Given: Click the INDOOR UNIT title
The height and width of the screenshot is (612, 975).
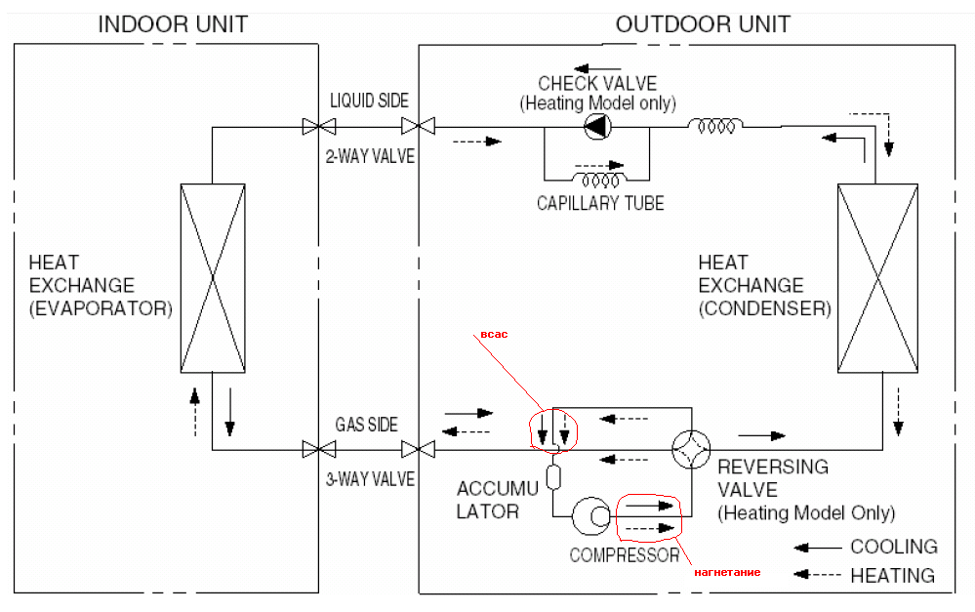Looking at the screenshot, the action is click(x=173, y=24).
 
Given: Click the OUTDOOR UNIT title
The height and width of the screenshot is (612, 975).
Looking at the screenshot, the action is click(x=703, y=24).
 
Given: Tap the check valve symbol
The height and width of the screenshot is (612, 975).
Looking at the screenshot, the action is click(x=597, y=126).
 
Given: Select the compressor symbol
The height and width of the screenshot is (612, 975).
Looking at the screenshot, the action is click(x=591, y=515).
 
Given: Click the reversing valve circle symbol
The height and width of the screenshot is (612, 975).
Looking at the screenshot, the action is click(x=691, y=449).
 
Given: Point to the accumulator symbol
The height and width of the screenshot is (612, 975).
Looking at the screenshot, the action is click(x=552, y=477).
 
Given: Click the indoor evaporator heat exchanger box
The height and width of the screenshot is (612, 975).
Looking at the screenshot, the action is click(x=213, y=278).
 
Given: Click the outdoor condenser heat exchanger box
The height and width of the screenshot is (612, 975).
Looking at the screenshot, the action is click(x=877, y=278).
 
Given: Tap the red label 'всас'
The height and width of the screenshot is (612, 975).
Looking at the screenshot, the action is click(x=494, y=335).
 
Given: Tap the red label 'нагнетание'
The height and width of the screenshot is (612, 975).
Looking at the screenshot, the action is click(x=727, y=572).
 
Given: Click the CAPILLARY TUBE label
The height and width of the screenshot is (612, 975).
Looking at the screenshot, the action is click(x=600, y=203).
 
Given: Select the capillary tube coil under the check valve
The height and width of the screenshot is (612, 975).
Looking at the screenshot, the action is click(x=599, y=181).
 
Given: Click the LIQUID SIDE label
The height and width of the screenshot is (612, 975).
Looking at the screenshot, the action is click(x=369, y=101).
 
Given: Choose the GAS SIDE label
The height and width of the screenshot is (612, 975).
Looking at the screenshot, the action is click(x=366, y=425).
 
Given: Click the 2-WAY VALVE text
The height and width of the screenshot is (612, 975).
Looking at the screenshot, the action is click(x=370, y=156).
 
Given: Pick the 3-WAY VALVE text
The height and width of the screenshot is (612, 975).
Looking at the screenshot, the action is click(x=370, y=479).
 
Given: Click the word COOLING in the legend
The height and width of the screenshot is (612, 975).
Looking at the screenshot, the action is click(x=894, y=547).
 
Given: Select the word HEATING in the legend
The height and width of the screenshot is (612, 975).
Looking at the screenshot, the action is click(x=892, y=576).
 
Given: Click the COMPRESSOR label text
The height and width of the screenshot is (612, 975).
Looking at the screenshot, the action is click(x=625, y=555).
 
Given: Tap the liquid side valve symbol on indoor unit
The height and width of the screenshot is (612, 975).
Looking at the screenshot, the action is click(x=319, y=127).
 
